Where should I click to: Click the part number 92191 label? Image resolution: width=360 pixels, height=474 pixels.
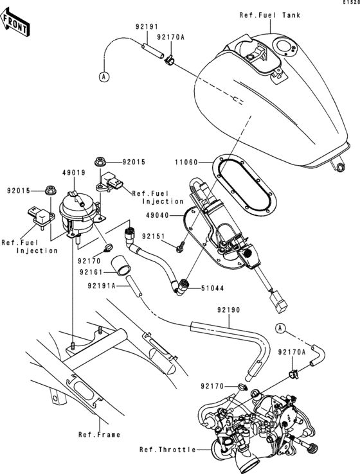(x=146, y=28)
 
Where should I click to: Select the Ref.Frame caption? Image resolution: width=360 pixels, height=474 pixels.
(x=99, y=435)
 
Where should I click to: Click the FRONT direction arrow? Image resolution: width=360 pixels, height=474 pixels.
(x=15, y=24)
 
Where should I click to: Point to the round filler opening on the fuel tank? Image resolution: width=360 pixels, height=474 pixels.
(x=283, y=46)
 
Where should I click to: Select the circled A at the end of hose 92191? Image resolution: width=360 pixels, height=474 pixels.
(x=102, y=76)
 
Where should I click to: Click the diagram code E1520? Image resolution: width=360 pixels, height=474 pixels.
(x=349, y=3)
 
